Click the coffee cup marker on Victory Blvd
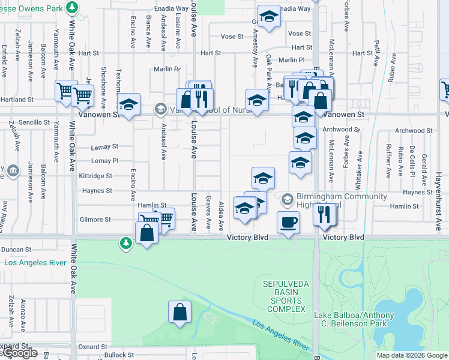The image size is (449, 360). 288,222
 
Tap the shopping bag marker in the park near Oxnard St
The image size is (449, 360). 179,312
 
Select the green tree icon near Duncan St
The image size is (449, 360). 125,242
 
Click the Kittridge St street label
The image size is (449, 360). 95,176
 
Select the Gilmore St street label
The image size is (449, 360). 95,220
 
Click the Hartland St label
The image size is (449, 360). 17,99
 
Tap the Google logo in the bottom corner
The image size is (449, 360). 19,353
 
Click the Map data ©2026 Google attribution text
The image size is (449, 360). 412,355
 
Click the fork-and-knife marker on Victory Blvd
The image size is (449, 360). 325,214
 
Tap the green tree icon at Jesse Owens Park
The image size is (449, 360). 72,7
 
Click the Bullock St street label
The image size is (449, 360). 117,355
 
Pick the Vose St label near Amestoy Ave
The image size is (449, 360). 232,36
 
